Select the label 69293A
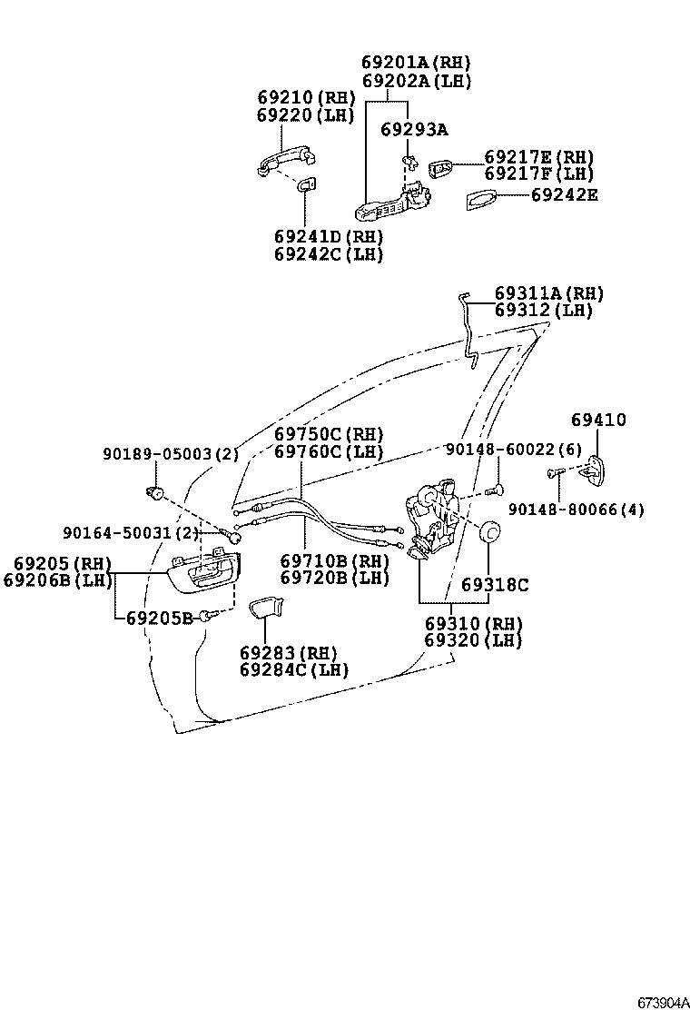tap(413, 130)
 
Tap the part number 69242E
tap(564, 194)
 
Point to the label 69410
tap(598, 420)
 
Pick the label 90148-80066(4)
tap(576, 510)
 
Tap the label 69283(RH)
tap(288, 653)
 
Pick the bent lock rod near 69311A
tap(469, 332)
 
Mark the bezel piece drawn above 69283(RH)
tap(264, 608)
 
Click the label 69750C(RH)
tap(329, 434)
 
